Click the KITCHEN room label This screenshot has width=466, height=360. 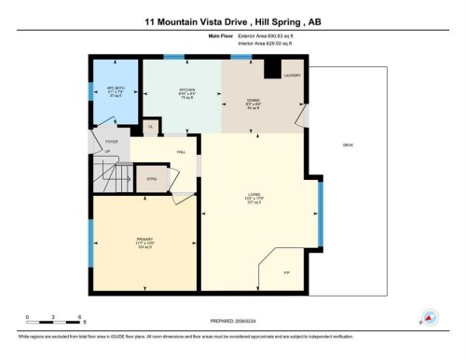[186, 90]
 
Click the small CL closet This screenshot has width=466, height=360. [150, 126]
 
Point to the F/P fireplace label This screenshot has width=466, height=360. [286, 272]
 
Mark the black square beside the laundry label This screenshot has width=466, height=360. [273, 70]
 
